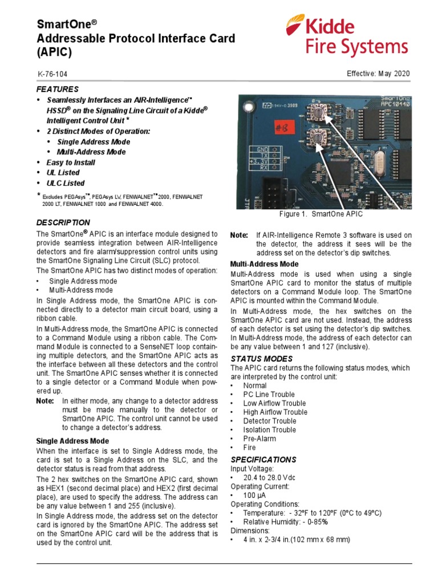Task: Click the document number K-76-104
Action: click(x=55, y=75)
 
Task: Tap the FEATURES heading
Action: click(x=58, y=90)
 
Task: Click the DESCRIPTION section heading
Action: click(x=63, y=222)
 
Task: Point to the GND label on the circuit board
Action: click(x=262, y=149)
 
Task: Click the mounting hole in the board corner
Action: click(x=250, y=106)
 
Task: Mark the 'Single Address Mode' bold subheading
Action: click(x=72, y=441)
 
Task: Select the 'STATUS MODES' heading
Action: click(x=261, y=359)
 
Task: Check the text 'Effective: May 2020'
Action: click(x=378, y=74)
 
